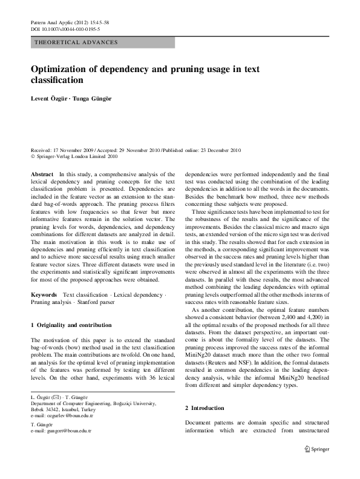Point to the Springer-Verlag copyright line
tap(76, 156)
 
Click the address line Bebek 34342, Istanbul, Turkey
tap(71, 410)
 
